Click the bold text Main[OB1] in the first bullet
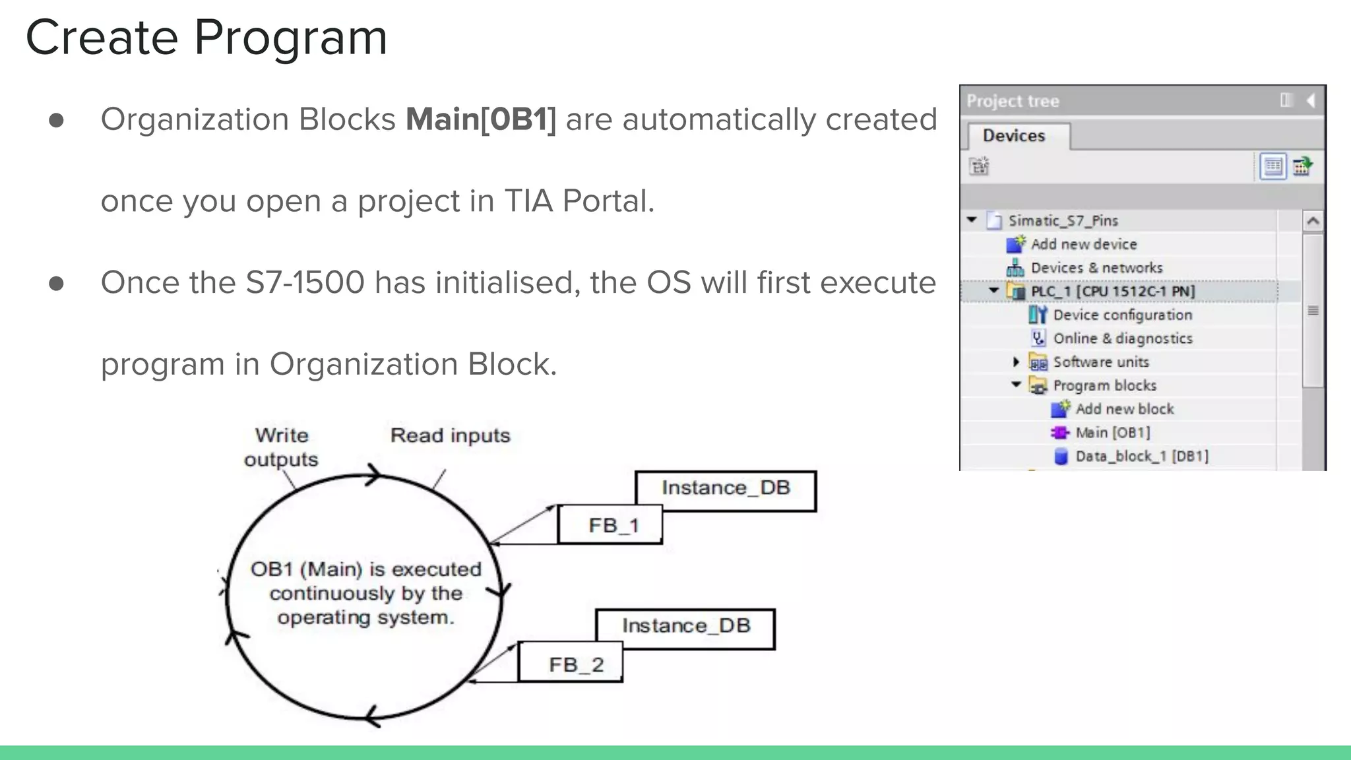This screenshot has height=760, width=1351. (481, 120)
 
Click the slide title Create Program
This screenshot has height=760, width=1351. (206, 38)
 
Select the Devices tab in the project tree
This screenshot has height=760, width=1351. (1014, 136)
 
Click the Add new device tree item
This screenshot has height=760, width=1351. (1083, 245)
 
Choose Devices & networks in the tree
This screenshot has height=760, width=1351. (1096, 268)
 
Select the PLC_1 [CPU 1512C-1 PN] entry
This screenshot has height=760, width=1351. (1112, 292)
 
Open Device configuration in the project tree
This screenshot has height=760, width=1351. (1122, 315)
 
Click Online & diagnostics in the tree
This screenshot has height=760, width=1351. (1122, 338)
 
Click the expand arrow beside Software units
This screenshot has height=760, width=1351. (1016, 362)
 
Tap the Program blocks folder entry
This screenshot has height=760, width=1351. (1104, 385)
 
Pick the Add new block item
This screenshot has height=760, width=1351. (1124, 409)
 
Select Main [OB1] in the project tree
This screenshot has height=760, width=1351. (1112, 433)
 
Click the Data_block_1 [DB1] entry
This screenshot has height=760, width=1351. (1141, 457)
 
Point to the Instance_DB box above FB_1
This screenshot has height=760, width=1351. (726, 488)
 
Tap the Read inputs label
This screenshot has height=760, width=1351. (450, 435)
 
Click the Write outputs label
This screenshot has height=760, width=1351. (281, 447)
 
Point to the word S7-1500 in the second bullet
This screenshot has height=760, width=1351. (305, 283)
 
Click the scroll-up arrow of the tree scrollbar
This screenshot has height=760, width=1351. (1313, 221)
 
